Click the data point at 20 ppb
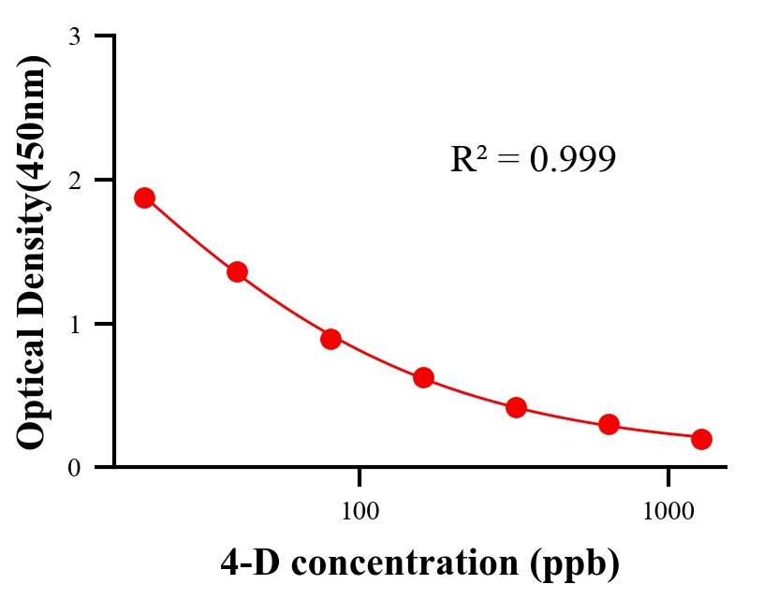click(144, 197)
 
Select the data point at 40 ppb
click(237, 272)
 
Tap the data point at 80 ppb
click(331, 339)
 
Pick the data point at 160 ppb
click(423, 378)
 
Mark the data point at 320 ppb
click(516, 407)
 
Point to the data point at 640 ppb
click(609, 425)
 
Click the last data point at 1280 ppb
click(701, 439)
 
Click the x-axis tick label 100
click(360, 512)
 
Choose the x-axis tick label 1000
click(668, 512)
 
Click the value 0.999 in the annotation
click(572, 160)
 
